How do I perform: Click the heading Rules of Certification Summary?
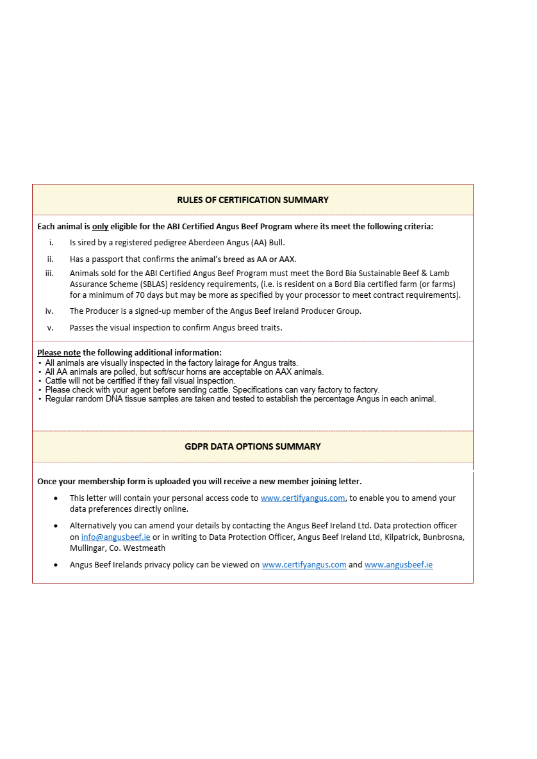[x=252, y=200]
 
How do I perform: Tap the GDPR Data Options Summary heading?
[x=252, y=446]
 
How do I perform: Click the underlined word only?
[x=100, y=226]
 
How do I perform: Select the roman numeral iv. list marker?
[x=49, y=311]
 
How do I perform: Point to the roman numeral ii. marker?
[x=50, y=259]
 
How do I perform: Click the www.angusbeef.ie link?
[x=399, y=565]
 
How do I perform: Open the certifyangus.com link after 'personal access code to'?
[x=302, y=498]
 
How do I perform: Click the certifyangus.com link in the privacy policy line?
[x=304, y=565]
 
